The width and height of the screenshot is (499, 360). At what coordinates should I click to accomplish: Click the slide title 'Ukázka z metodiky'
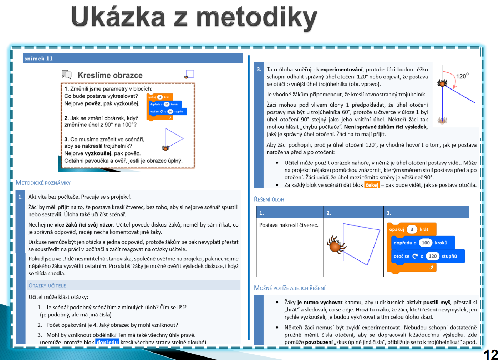coord(194,17)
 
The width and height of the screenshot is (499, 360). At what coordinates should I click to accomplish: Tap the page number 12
coord(491,354)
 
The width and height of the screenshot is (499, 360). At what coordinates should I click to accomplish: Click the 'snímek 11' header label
coord(39,59)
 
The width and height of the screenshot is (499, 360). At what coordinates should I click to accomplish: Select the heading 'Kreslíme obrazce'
coord(110,75)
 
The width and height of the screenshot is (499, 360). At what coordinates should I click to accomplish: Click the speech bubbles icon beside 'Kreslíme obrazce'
coord(67,74)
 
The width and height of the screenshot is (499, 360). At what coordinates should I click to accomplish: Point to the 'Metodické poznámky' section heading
coord(43,183)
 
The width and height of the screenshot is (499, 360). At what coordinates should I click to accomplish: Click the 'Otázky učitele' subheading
coord(47,285)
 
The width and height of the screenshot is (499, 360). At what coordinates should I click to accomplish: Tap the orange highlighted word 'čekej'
coord(372,185)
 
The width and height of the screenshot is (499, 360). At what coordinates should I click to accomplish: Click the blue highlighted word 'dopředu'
coord(107,342)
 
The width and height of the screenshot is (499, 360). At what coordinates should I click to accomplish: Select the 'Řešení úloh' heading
coord(269,199)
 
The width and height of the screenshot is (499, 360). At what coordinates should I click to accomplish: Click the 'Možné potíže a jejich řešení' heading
coord(290,288)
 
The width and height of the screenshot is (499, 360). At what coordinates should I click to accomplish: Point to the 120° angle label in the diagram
coord(462,76)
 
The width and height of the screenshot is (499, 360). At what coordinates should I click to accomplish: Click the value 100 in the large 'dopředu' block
coord(426,243)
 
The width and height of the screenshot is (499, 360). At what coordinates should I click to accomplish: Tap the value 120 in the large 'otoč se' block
coord(433,256)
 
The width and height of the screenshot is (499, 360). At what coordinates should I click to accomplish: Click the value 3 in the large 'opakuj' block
coord(412,229)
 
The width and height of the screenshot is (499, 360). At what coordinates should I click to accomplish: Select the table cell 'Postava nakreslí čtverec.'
coord(289,225)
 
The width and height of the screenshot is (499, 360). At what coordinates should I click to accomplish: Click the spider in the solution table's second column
coord(336,244)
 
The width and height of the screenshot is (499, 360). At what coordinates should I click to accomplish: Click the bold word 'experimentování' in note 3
coord(341,70)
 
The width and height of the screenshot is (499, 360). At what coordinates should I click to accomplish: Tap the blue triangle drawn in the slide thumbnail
coord(174,138)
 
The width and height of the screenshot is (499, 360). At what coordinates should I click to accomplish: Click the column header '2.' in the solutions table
coord(329,213)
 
